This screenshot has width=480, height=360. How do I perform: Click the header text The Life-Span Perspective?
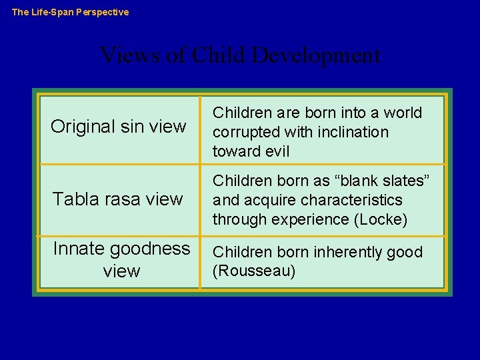[x=71, y=12]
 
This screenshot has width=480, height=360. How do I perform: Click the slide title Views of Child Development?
[x=240, y=55]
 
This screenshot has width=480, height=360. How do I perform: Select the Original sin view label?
[x=119, y=127]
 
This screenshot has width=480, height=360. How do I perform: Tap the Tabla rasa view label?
[x=118, y=199]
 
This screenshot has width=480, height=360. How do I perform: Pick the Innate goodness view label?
[x=121, y=259]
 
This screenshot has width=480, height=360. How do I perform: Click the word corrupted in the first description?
[x=245, y=132]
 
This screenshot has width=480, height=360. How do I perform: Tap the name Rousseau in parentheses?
[x=254, y=271]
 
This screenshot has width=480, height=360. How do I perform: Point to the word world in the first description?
[x=401, y=113]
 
